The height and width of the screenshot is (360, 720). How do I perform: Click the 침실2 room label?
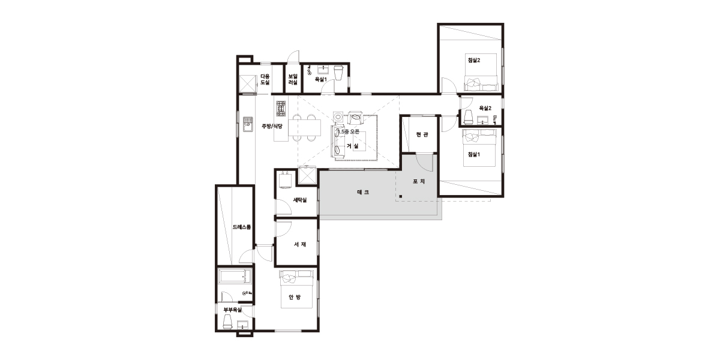coord(474,60)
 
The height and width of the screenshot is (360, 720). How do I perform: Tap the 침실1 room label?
coord(474,154)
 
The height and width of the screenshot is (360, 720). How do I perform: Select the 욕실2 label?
coord(485,109)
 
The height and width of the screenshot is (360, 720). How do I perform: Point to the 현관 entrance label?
coord(422,134)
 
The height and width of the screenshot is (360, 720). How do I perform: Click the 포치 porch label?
coord(419,182)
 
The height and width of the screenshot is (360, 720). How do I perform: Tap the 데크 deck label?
coord(363,192)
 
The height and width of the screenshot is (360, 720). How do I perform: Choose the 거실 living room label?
coord(352,146)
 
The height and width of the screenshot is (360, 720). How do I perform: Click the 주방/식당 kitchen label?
coord(272,127)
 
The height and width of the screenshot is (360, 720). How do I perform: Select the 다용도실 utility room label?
coord(265,79)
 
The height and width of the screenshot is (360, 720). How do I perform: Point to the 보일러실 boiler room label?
coord(293,79)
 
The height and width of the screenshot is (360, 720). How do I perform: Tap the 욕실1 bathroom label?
coord(320,79)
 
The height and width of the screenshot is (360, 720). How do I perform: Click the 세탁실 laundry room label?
coord(300,200)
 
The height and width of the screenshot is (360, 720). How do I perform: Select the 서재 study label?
coord(300,244)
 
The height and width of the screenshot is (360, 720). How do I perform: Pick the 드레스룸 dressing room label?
coord(242,227)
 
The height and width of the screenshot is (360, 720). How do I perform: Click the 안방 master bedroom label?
coord(295,298)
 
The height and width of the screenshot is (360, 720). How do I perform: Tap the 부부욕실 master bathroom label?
coord(233,310)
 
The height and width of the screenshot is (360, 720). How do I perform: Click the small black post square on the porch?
coord(401,196)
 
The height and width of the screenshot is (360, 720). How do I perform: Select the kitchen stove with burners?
coord(281,109)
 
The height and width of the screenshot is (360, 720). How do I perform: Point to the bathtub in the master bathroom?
coord(235,276)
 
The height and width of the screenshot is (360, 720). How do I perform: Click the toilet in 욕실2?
coord(467,117)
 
